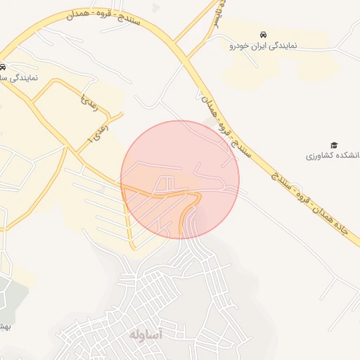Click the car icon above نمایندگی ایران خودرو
263,34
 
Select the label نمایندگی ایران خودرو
263,46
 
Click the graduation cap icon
334,145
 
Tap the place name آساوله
146,334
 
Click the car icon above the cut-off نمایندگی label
3,67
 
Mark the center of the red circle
180,179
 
